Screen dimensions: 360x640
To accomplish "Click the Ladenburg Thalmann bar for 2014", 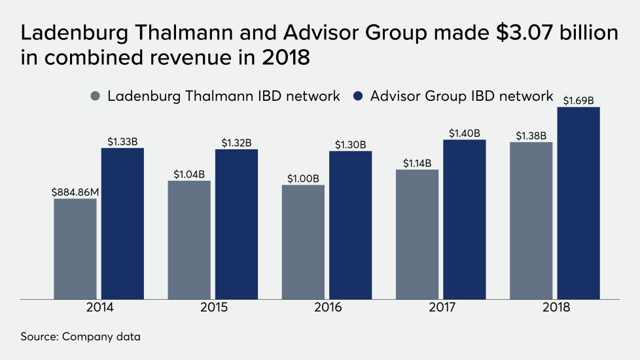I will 75,249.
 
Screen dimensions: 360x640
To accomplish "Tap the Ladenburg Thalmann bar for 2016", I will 303,242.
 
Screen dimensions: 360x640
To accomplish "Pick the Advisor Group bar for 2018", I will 578,203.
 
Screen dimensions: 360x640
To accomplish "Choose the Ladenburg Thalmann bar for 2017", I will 418,234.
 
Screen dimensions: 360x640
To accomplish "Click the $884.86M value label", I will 75,192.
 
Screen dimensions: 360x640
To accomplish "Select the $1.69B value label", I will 578,101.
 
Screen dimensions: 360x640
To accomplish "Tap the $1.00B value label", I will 303,179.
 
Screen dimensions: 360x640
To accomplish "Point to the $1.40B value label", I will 465,133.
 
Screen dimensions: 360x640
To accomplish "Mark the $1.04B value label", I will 189,174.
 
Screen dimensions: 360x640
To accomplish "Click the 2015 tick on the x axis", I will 213,308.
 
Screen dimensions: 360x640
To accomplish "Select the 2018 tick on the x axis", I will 555,308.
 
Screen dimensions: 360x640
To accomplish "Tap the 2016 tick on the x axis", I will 327,308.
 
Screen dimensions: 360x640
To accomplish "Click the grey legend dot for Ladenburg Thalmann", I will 96,96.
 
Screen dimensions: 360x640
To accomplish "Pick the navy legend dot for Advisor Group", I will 359,96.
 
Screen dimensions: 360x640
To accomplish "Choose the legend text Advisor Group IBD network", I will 461,96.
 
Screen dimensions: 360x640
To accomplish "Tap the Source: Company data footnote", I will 80,337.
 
